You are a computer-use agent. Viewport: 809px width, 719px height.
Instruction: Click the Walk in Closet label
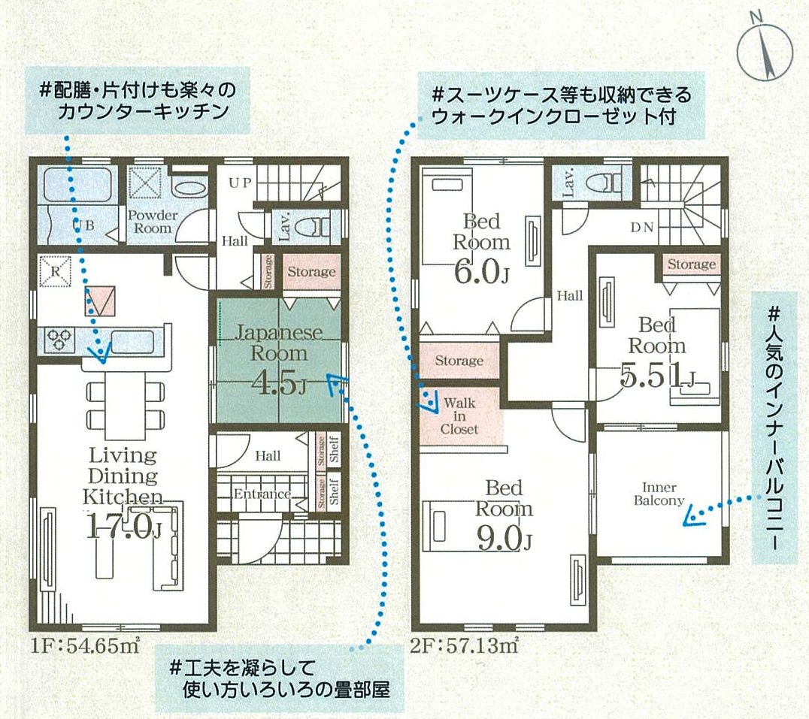tap(459, 415)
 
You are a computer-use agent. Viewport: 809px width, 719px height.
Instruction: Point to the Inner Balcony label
tap(659, 494)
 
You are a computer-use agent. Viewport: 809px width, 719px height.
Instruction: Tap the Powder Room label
tap(153, 220)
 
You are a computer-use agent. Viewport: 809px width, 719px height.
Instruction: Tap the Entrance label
tap(262, 494)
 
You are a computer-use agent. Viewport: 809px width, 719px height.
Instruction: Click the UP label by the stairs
tap(240, 183)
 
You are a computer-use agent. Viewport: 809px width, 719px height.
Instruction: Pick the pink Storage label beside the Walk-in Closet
tap(459, 361)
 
